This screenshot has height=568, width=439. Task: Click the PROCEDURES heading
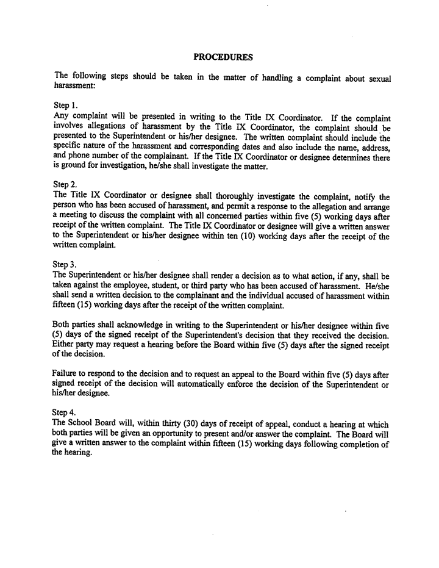[x=223, y=57]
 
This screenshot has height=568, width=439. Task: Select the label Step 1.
[x=65, y=106]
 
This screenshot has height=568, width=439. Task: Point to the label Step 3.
[x=65, y=264]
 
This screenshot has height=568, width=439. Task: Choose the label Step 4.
[x=65, y=412]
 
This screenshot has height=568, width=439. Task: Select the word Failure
[x=66, y=374]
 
